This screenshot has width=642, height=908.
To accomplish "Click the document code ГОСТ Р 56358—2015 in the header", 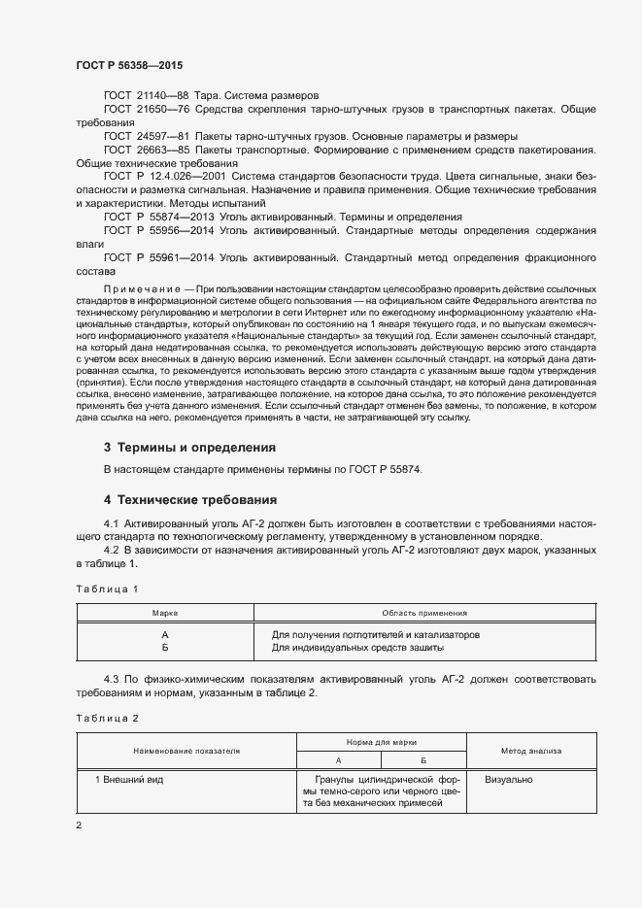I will click(129, 64).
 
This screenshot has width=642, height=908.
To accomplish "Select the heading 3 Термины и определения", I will click(189, 448).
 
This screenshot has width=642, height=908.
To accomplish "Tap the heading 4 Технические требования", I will click(190, 500).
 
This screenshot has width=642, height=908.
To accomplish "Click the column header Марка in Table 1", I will click(165, 614).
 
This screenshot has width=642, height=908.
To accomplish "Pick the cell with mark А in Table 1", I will click(165, 634).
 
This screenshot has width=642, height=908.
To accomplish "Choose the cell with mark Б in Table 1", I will click(165, 647).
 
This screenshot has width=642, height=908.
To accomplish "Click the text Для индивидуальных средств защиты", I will click(357, 647).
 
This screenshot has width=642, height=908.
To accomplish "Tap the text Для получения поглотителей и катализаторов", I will click(375, 634).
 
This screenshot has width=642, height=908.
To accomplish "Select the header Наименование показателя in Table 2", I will click(186, 751).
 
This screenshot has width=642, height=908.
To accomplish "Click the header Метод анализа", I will click(530, 751).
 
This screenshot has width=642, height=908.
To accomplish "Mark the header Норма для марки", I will click(381, 741).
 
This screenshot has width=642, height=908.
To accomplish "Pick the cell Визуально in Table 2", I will click(508, 780).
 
